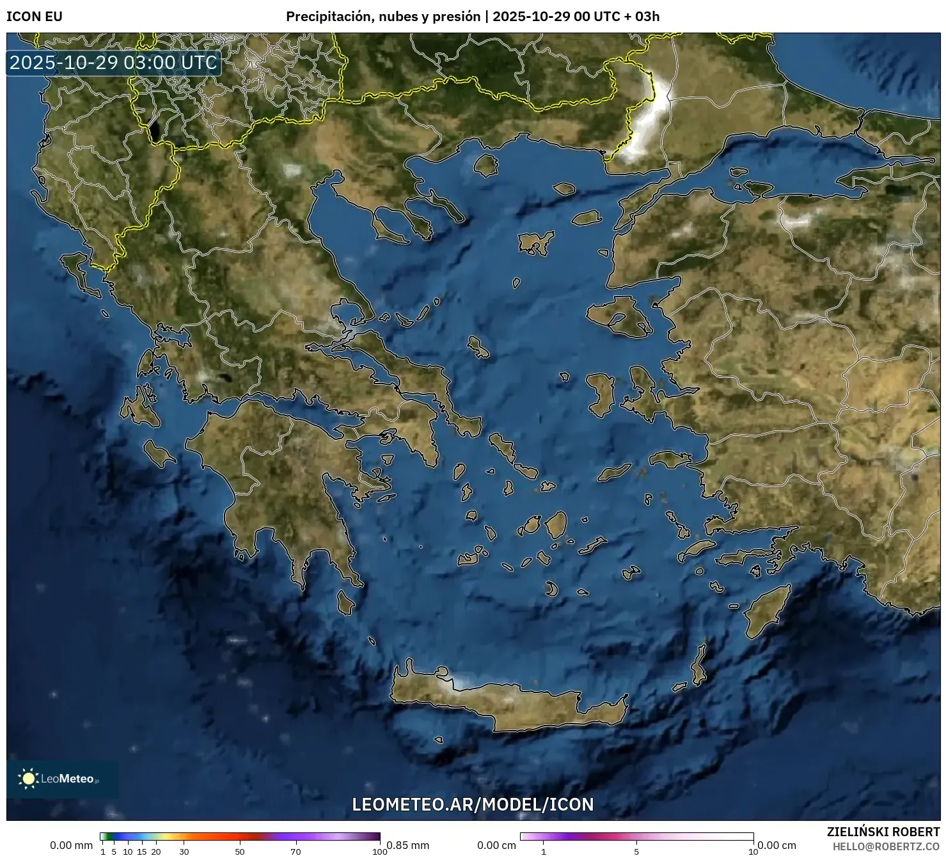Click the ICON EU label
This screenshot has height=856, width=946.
35,17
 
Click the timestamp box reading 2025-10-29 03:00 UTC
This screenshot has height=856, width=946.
114,63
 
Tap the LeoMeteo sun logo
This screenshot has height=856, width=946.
28,778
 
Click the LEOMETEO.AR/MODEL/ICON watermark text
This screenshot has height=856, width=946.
473,804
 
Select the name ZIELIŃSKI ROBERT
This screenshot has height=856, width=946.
883,832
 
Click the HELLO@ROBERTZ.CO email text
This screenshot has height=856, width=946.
886,846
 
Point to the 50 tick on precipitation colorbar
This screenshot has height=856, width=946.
240,851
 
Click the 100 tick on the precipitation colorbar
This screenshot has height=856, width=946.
380,851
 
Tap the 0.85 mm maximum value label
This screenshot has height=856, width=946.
408,845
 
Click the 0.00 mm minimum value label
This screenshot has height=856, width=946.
72,845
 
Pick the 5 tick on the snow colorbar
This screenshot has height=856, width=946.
636,851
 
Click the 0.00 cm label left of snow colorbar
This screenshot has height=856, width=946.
496,845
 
